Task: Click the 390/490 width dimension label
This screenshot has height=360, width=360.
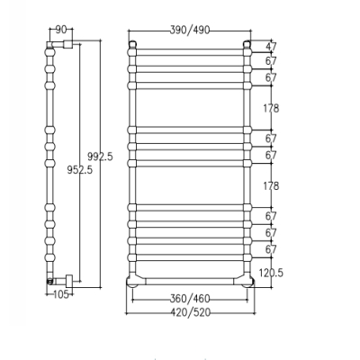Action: [190, 30]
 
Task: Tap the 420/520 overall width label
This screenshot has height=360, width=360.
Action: [191, 312]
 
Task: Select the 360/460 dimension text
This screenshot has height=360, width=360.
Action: [190, 299]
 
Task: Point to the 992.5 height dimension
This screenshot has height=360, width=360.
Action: [100, 157]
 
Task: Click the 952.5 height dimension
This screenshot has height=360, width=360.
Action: [80, 170]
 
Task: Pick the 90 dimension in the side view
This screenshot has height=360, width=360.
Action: [61, 30]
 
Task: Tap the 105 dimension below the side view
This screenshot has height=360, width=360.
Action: [61, 294]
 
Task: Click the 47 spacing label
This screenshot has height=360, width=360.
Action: [271, 47]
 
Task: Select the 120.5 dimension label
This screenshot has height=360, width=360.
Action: [271, 273]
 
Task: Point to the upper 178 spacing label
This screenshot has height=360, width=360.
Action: [271, 108]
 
